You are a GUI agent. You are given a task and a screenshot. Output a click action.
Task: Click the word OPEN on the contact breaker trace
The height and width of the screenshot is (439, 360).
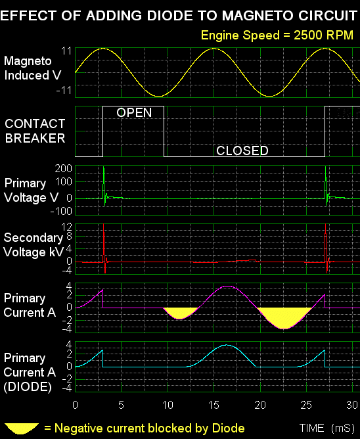(x=134, y=112)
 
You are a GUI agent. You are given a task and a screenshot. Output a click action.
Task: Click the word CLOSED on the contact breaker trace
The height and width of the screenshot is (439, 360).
(x=242, y=150)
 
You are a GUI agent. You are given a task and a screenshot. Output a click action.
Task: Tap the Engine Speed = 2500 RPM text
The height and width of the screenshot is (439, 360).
(x=277, y=35)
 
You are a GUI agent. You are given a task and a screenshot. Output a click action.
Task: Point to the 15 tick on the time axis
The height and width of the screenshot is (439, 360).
(x=214, y=405)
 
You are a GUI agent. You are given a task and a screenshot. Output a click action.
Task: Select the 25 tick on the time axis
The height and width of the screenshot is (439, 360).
(x=306, y=405)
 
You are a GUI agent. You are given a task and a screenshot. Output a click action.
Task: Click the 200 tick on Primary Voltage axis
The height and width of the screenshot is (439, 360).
(x=64, y=168)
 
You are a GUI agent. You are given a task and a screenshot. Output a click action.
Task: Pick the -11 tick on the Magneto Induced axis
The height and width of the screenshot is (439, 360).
(x=64, y=91)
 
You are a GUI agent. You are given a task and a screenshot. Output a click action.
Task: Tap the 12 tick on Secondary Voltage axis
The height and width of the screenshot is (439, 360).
(x=66, y=227)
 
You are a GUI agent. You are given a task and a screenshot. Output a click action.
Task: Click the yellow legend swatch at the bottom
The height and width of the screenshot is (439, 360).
(x=22, y=428)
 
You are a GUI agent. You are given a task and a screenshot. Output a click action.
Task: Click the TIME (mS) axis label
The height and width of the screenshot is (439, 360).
(x=327, y=428)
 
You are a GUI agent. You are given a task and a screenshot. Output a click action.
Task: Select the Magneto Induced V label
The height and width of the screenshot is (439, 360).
(x=32, y=68)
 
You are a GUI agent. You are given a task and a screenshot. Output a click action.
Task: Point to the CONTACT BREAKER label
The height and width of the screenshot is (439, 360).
(x=35, y=131)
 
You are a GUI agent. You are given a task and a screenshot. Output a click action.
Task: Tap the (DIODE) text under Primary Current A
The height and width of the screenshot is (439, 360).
(x=28, y=387)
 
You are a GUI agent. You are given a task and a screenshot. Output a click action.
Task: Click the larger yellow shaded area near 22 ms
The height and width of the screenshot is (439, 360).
(x=284, y=317)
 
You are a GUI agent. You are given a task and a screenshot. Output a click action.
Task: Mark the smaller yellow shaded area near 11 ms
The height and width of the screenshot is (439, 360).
(x=180, y=312)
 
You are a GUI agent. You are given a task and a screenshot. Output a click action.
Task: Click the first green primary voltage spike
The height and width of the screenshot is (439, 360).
(x=104, y=185)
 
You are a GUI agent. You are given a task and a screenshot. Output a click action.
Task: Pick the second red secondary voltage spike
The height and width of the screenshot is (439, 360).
(x=326, y=248)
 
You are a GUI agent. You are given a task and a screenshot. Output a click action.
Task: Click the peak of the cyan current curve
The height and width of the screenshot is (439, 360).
(x=227, y=345)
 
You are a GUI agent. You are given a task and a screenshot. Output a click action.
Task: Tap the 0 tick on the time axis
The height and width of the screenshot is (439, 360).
(x=75, y=405)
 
